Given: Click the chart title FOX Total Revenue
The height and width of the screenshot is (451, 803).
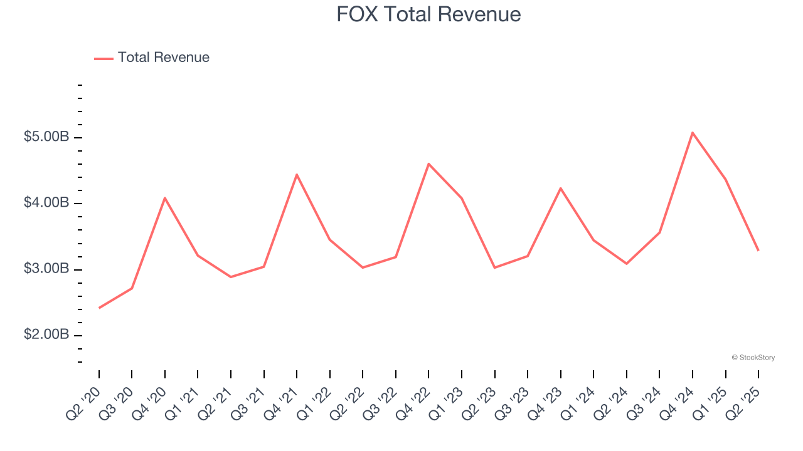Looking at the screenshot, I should [428, 14].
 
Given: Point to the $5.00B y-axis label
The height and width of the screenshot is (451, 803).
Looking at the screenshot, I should [46, 137].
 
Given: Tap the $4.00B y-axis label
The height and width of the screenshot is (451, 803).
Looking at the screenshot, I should [46, 203].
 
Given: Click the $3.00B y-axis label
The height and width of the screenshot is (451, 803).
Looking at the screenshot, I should [46, 269].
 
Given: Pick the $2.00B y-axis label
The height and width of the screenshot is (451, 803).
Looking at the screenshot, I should [46, 335].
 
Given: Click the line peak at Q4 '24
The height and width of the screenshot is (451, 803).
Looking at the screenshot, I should [693, 133].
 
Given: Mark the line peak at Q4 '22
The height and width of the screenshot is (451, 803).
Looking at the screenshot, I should [428, 164].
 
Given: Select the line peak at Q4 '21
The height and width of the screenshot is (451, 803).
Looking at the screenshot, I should [297, 175].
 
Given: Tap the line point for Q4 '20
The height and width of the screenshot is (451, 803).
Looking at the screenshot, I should [165, 198].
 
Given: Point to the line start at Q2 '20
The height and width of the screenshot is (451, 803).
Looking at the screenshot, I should [99, 308].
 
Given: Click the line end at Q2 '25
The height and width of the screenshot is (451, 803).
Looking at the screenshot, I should [758, 251].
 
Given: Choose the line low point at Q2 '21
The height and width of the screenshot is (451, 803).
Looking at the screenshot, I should [231, 277].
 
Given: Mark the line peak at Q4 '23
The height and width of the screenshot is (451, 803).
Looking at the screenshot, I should [560, 188].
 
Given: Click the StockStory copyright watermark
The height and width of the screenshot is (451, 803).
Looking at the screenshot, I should [753, 358].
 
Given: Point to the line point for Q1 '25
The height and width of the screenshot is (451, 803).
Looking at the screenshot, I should [726, 180].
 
